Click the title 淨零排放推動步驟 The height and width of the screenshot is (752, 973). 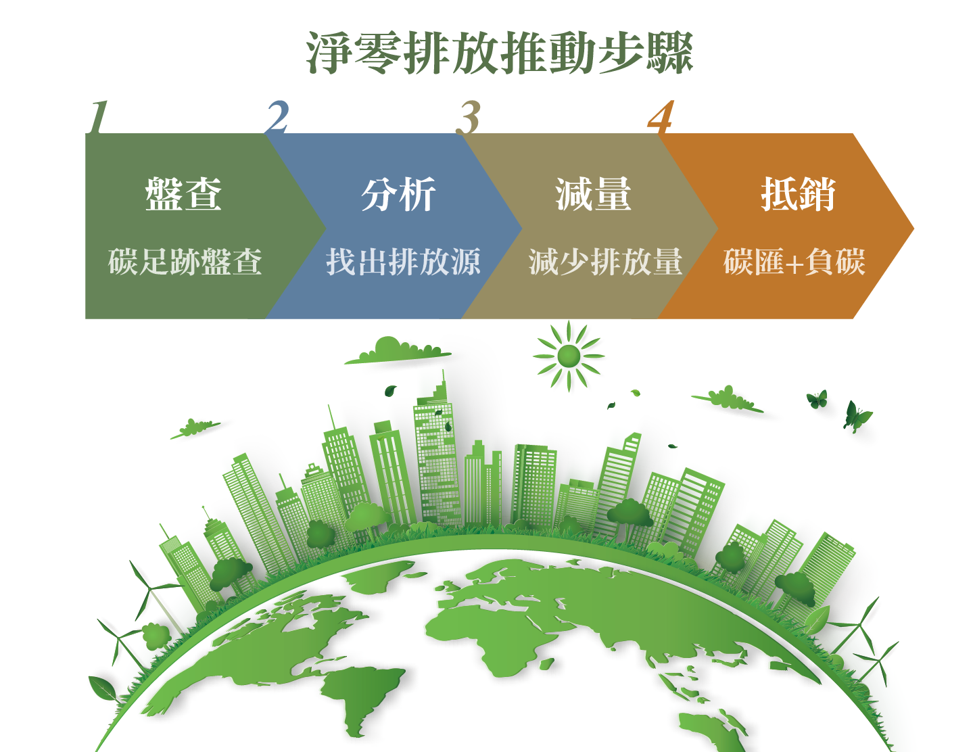tap(499, 53)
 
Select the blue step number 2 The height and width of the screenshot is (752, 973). tap(278, 116)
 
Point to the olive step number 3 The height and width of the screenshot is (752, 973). tap(468, 117)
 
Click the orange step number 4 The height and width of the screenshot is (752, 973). tap(661, 116)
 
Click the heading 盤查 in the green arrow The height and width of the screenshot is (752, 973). tap(183, 194)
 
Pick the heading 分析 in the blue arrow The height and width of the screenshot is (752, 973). tap(398, 194)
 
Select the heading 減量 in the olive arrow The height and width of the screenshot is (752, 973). tap(593, 194)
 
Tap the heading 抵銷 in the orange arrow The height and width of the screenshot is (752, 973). tap(798, 194)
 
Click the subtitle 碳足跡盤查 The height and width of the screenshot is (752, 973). tap(185, 262)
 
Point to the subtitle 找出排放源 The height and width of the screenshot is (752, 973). tap(403, 262)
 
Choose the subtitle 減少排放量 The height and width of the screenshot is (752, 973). tap(605, 262)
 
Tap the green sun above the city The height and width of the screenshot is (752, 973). tap(569, 356)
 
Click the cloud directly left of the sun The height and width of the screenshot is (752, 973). tap(398, 350)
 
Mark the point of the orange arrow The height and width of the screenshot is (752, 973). tap(913, 229)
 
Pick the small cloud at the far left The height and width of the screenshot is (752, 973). tap(195, 428)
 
